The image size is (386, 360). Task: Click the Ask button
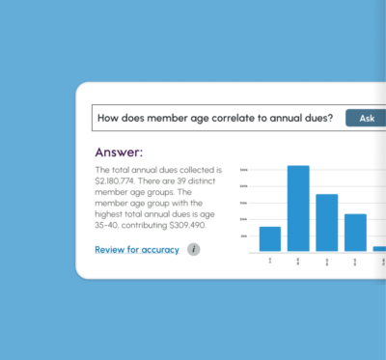[366, 118]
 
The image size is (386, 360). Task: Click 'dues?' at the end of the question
[319, 118]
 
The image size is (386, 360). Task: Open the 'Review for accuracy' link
[136, 250]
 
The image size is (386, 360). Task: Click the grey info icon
[193, 250]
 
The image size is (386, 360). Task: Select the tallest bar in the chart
[298, 208]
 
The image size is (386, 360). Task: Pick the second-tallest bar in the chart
[327, 222]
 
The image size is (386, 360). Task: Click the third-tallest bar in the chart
[355, 232]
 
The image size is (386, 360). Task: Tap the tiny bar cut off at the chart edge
[379, 248]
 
